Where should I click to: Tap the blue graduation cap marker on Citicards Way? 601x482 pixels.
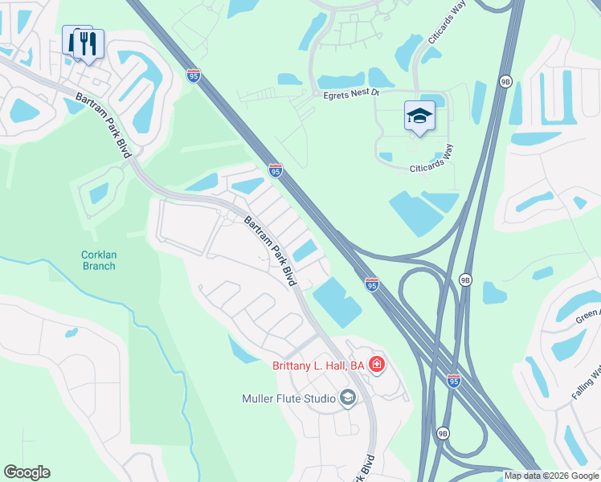click(x=419, y=117)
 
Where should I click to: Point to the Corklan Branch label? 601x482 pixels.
click(x=98, y=260)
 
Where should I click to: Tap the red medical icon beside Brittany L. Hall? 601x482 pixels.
click(x=376, y=366)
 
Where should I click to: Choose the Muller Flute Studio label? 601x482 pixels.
click(x=289, y=398)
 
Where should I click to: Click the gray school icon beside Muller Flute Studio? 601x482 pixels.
click(x=347, y=398)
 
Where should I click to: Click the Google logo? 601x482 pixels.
click(x=27, y=472)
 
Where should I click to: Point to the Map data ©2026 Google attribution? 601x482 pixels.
click(x=551, y=476)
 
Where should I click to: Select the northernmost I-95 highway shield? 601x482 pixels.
click(x=194, y=76)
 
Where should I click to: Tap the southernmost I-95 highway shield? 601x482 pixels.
click(x=454, y=381)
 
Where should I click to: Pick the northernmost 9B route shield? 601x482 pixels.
click(x=505, y=81)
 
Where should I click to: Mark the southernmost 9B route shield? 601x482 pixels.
click(x=443, y=433)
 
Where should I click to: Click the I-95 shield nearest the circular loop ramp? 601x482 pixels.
click(x=371, y=284)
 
